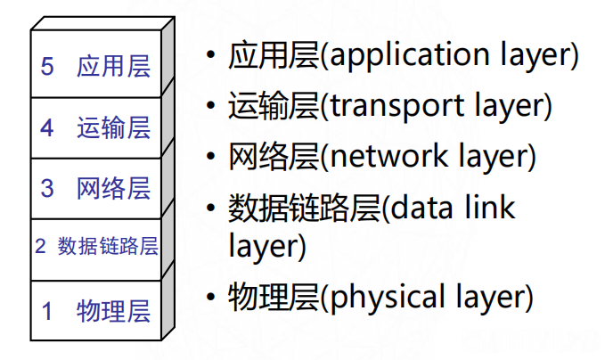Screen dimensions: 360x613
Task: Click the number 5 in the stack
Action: (x=47, y=67)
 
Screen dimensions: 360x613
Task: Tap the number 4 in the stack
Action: (x=47, y=127)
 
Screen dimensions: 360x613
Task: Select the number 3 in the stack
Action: (x=47, y=188)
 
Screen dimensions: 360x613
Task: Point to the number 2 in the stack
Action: (x=40, y=246)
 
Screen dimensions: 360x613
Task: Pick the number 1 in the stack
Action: (x=47, y=311)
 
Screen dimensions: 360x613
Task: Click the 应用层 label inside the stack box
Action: (x=113, y=67)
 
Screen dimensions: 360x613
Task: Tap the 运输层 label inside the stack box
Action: (x=113, y=127)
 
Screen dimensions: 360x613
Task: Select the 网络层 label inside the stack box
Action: (x=113, y=188)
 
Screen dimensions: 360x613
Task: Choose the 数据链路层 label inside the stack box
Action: (x=108, y=246)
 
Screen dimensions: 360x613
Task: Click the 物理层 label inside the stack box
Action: (x=113, y=311)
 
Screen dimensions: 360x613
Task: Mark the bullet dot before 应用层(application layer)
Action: (x=210, y=56)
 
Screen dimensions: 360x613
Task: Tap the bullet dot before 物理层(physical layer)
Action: (x=210, y=295)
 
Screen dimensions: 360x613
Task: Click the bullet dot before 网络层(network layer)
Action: (x=210, y=157)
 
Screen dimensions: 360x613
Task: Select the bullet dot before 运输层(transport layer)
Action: (x=210, y=107)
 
